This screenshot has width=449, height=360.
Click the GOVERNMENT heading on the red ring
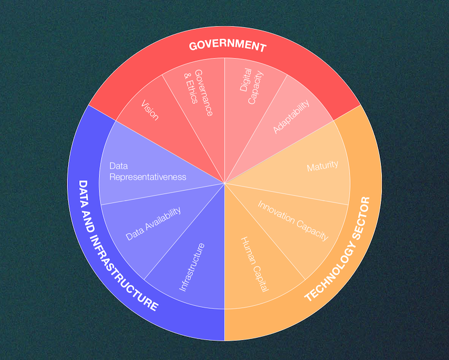click(226, 46)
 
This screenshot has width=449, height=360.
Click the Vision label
click(150, 111)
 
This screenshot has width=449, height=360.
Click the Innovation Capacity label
click(293, 220)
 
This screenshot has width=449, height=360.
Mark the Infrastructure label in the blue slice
click(191, 267)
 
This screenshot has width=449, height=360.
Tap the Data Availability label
click(153, 223)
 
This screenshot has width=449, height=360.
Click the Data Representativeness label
click(147, 171)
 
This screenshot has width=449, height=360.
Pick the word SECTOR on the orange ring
click(359, 218)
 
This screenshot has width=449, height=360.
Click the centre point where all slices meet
click(224, 183)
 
